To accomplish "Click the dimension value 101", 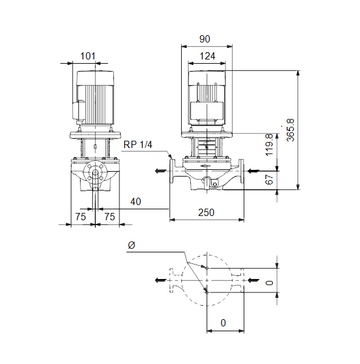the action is [x=88, y=56].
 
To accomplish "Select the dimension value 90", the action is [x=205, y=39].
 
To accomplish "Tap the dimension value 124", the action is [x=207, y=56].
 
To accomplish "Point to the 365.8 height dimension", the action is [x=290, y=130].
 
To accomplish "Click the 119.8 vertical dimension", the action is [x=269, y=145].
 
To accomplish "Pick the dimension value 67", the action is [x=269, y=180].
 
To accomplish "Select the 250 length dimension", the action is [x=206, y=212].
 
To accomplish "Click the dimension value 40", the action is [x=136, y=201].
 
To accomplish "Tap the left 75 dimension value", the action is [x=81, y=217].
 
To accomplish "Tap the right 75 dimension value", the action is [x=110, y=217].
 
